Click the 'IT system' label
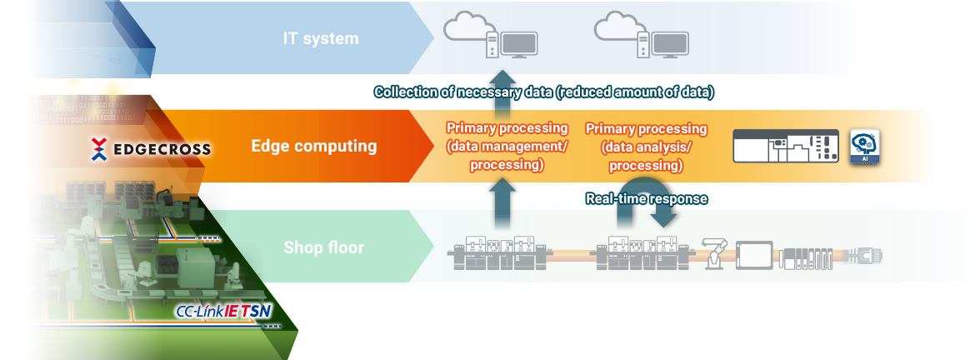pos(320,38)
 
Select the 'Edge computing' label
pos(314,147)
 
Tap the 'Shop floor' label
pos(325,247)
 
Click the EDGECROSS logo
pos(150,149)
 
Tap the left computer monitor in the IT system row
pos(518,45)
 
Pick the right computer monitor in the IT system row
pos(668,45)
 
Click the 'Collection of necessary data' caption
pos(543,92)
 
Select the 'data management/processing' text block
pos(507,147)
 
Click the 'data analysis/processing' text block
pos(646,147)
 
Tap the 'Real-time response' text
pos(647,198)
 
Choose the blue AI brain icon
pos(865,146)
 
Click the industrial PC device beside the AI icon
pos(787,146)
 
